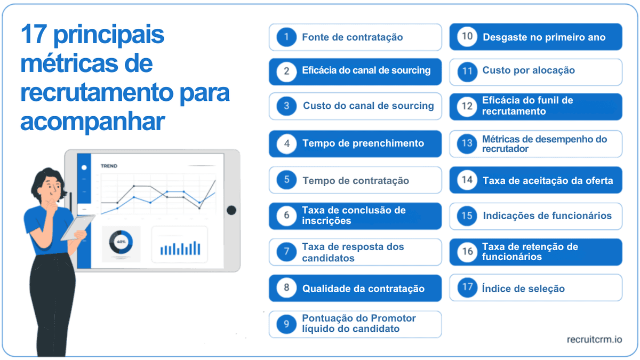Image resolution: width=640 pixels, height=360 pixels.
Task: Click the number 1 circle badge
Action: click(286, 37)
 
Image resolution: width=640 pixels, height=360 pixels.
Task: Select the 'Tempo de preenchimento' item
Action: click(363, 143)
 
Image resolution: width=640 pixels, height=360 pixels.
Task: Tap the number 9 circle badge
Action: click(286, 324)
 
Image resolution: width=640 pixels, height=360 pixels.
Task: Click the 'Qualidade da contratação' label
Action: click(363, 289)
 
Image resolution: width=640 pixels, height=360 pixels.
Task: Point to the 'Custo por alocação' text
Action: click(529, 70)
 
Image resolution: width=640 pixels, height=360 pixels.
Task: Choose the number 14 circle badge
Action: click(467, 180)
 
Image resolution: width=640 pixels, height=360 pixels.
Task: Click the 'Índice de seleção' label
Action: click(523, 289)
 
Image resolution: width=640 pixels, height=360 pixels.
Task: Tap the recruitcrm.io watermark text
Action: click(594, 340)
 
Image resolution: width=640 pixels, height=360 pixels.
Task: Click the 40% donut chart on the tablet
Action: click(121, 243)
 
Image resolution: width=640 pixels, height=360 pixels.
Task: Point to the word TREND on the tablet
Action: click(109, 166)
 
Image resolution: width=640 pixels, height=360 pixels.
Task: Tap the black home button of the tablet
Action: click(231, 210)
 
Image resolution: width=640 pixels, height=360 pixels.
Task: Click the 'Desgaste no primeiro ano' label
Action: click(544, 37)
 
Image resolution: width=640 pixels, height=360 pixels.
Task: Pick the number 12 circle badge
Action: click(467, 106)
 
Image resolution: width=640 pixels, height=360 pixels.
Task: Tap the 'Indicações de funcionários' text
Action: click(547, 216)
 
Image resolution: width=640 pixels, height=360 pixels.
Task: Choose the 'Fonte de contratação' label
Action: click(352, 37)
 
